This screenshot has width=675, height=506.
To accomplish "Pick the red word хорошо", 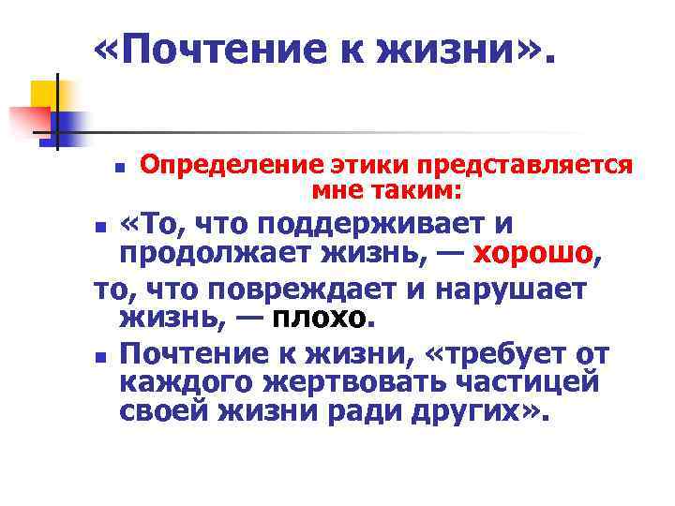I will click(533, 253).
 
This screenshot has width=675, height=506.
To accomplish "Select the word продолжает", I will click(207, 253).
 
